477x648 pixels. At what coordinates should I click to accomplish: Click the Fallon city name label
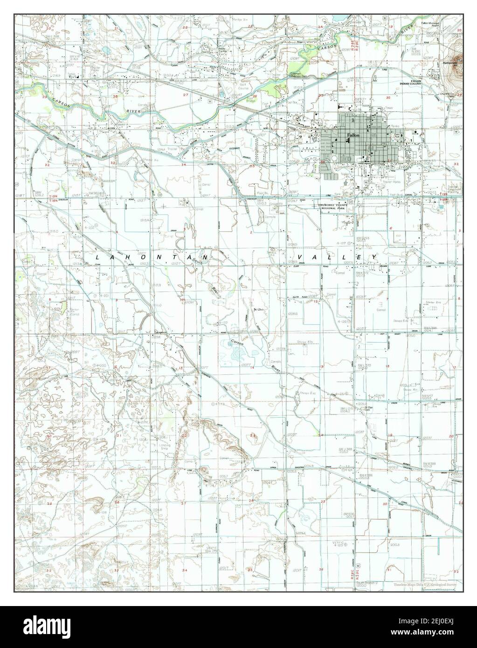point(353,135)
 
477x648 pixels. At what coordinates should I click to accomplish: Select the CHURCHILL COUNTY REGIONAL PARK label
point(336,207)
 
